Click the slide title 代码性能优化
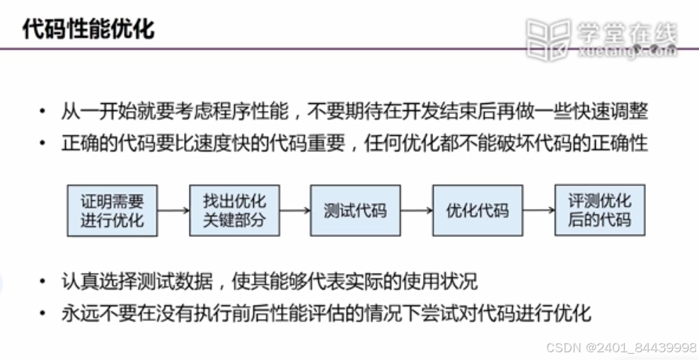click(88, 30)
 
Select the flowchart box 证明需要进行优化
click(112, 210)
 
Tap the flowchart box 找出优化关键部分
click(234, 210)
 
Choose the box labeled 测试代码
click(355, 210)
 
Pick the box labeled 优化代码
click(478, 210)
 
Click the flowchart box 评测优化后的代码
click(599, 210)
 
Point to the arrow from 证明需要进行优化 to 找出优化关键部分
click(173, 210)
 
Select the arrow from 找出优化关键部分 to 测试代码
click(294, 210)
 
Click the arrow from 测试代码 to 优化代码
click(416, 210)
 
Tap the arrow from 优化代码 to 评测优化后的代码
click(538, 210)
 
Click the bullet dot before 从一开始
click(44, 112)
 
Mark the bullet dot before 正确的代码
click(44, 144)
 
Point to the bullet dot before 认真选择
click(44, 282)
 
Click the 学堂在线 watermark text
click(627, 32)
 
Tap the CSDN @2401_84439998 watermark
click(622, 347)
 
